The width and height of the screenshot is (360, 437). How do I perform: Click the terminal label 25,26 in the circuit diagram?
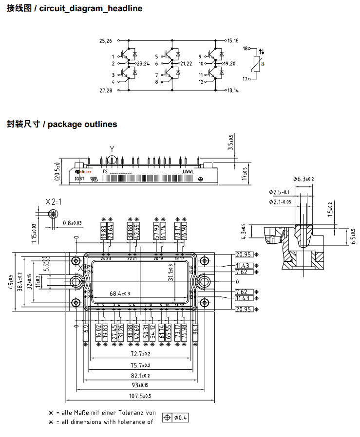106,41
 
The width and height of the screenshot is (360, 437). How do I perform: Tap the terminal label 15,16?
233,41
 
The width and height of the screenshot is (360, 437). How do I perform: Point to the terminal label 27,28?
106,91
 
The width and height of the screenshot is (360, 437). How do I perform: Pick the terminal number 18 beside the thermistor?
246,49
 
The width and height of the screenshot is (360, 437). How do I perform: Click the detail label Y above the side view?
112,149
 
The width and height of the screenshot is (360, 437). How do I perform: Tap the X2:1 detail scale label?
53,201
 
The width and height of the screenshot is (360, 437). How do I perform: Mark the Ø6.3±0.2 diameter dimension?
303,179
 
